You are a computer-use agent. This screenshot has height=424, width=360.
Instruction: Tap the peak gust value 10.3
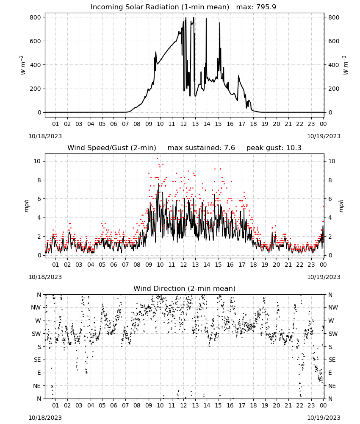[293, 148]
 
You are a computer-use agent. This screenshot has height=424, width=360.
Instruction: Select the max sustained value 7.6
[229, 148]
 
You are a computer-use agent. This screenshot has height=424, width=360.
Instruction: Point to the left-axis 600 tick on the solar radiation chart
[36, 41]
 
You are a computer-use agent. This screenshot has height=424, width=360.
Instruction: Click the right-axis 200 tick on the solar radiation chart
[334, 89]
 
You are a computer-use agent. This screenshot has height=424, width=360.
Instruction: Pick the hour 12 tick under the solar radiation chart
[183, 124]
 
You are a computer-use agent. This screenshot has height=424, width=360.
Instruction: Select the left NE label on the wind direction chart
[37, 386]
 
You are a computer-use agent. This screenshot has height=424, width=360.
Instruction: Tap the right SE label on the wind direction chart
[332, 360]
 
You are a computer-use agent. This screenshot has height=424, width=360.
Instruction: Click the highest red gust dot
[158, 159]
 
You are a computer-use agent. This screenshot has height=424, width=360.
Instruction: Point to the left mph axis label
[26, 206]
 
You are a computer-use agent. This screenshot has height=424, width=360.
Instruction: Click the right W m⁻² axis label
[346, 65]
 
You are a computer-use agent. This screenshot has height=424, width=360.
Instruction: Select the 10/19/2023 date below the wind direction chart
[324, 418]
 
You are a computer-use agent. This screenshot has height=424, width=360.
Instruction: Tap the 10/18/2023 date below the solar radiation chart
[45, 136]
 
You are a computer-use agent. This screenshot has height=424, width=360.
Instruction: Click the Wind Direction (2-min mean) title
[185, 288]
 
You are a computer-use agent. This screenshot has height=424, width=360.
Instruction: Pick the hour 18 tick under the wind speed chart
[253, 265]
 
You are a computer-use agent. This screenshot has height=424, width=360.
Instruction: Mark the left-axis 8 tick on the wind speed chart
[39, 180]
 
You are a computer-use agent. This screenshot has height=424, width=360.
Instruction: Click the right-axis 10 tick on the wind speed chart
[332, 161]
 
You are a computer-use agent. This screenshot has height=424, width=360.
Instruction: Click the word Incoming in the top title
[104, 7]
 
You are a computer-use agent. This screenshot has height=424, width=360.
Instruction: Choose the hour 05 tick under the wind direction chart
[102, 405]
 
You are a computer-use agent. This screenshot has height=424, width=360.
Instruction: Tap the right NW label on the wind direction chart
[333, 307]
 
